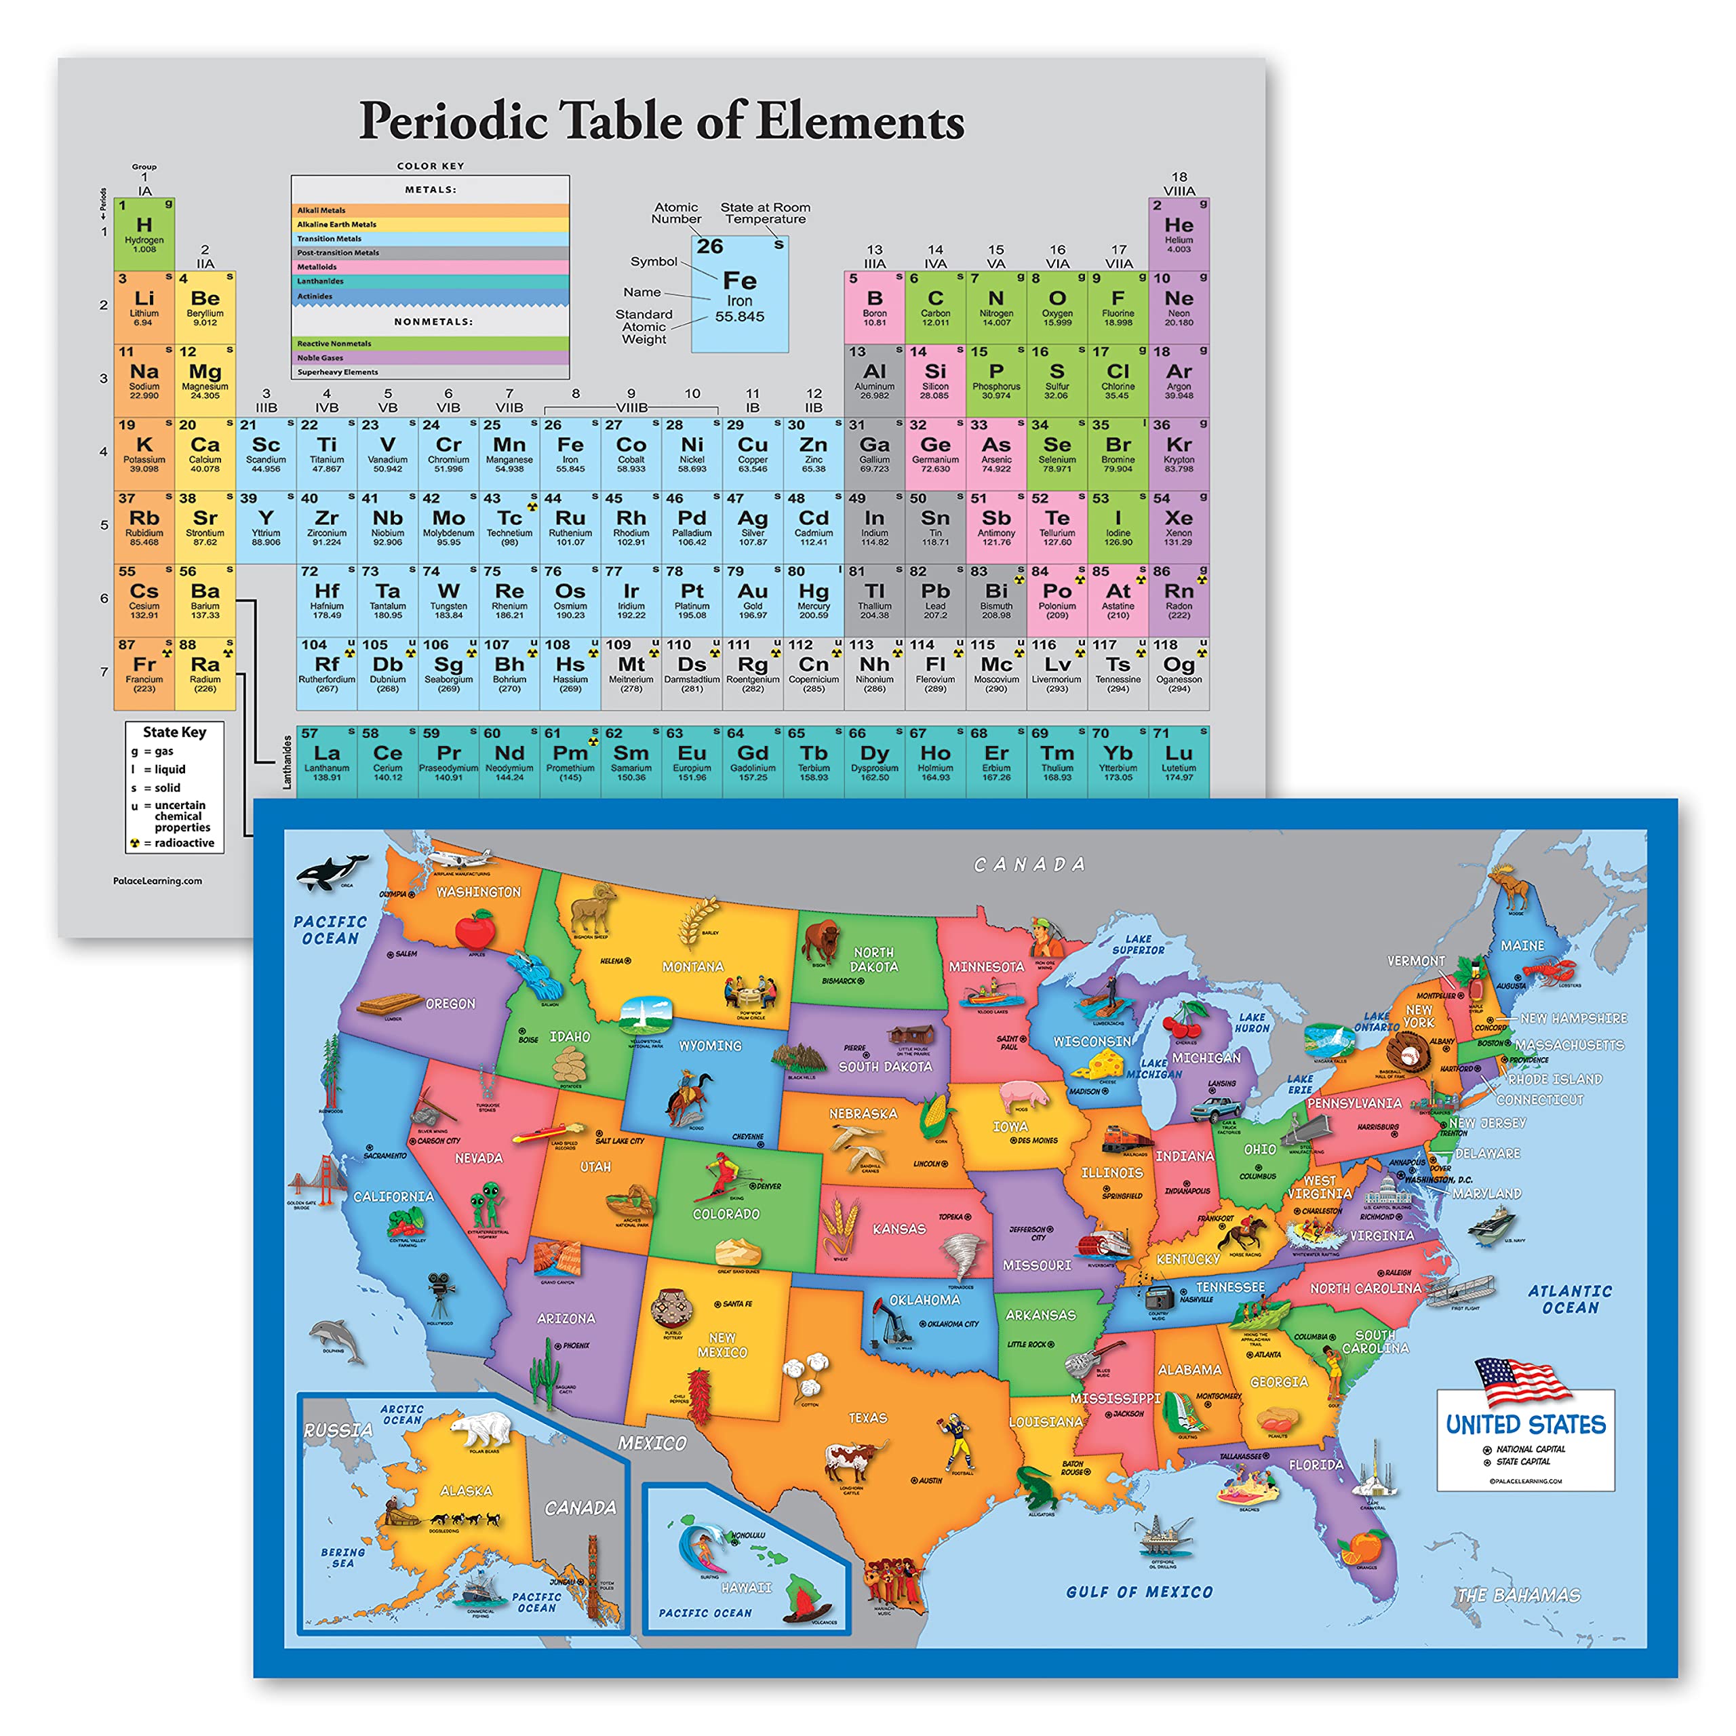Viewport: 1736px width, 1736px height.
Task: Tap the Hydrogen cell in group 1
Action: coord(144,233)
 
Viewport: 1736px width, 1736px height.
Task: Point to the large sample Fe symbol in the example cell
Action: coord(740,280)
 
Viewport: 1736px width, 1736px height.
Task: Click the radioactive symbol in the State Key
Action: coord(136,843)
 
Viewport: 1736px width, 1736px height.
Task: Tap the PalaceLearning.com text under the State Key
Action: coord(157,881)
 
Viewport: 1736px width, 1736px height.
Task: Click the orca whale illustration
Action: coord(331,870)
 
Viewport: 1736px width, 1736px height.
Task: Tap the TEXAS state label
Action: coord(867,1418)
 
